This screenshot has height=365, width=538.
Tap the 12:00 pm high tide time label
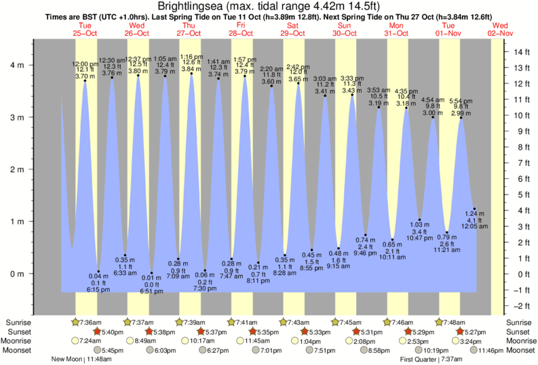click(x=85, y=64)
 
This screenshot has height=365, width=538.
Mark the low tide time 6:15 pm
click(x=99, y=289)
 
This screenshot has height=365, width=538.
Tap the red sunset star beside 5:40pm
click(x=97, y=332)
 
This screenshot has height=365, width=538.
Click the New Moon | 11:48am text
click(x=79, y=360)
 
